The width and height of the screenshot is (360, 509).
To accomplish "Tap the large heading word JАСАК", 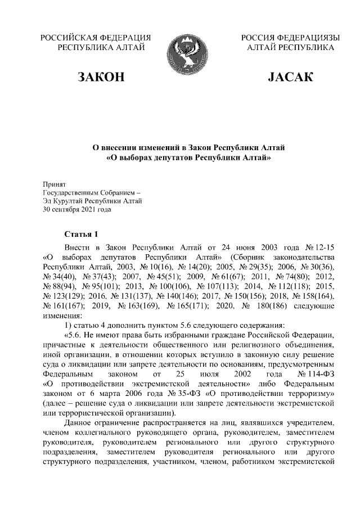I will point(292,76).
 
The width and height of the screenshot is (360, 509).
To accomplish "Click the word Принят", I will point(55,184).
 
